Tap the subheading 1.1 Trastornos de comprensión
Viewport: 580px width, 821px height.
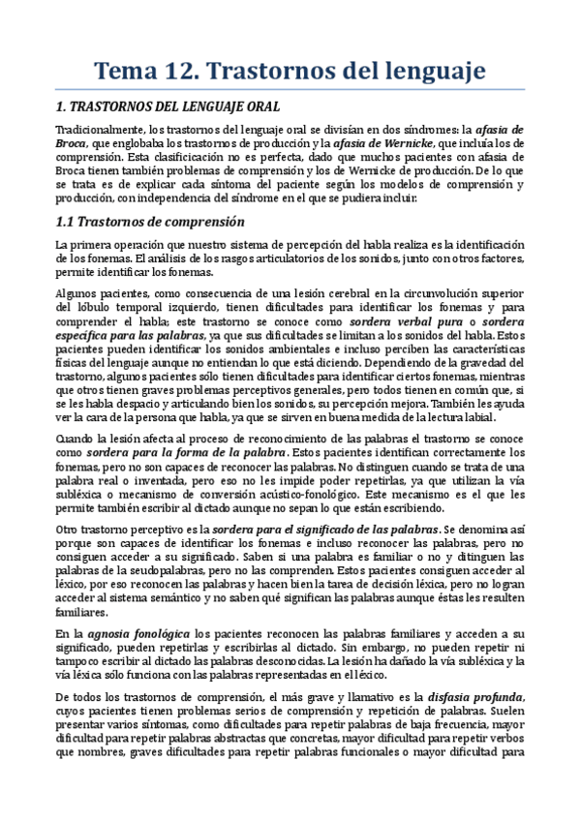(148, 222)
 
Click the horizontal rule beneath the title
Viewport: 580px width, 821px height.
(290, 90)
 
